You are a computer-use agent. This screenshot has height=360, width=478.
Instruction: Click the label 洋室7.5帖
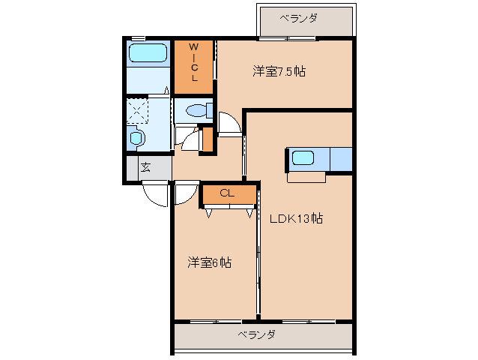279,72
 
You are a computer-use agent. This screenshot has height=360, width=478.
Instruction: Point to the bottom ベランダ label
257,334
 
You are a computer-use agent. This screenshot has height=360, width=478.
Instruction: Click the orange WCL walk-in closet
193,67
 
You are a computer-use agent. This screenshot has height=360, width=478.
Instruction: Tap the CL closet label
227,193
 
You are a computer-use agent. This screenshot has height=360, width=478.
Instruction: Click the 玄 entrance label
145,167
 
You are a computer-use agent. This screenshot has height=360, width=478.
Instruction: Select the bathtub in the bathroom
147,53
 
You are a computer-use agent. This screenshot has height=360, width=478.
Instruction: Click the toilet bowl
196,111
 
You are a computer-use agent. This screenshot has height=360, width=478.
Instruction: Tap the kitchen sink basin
303,158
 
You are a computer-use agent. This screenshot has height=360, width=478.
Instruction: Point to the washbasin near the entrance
136,138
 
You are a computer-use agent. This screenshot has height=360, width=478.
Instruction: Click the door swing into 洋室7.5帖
230,122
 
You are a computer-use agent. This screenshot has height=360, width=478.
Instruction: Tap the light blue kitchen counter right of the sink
340,160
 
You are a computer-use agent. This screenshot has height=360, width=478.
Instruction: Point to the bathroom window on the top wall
138,37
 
